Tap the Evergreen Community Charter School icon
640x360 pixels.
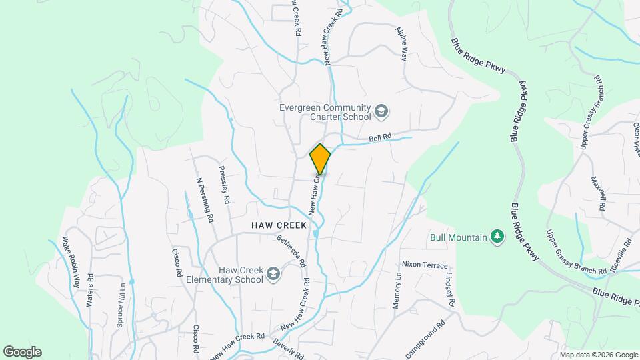click(x=382, y=111)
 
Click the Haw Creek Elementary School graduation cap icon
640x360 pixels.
click(x=273, y=274)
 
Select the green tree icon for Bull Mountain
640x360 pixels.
click(x=496, y=236)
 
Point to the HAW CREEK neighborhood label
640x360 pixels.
click(x=279, y=225)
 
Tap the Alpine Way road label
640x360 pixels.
click(x=401, y=44)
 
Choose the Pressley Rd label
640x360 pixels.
click(x=225, y=185)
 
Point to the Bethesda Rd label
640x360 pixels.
click(x=291, y=250)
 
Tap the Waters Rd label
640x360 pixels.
click(x=89, y=289)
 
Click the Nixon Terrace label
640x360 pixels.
click(x=425, y=265)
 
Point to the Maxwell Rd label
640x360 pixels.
click(x=598, y=193)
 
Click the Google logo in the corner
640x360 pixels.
click(x=22, y=352)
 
